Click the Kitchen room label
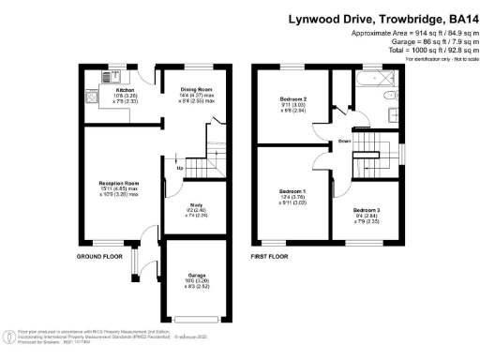pos(111,91)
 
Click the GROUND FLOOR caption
pos(100,255)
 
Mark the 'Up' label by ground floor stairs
pos(167,170)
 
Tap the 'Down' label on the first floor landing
pos(345,142)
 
